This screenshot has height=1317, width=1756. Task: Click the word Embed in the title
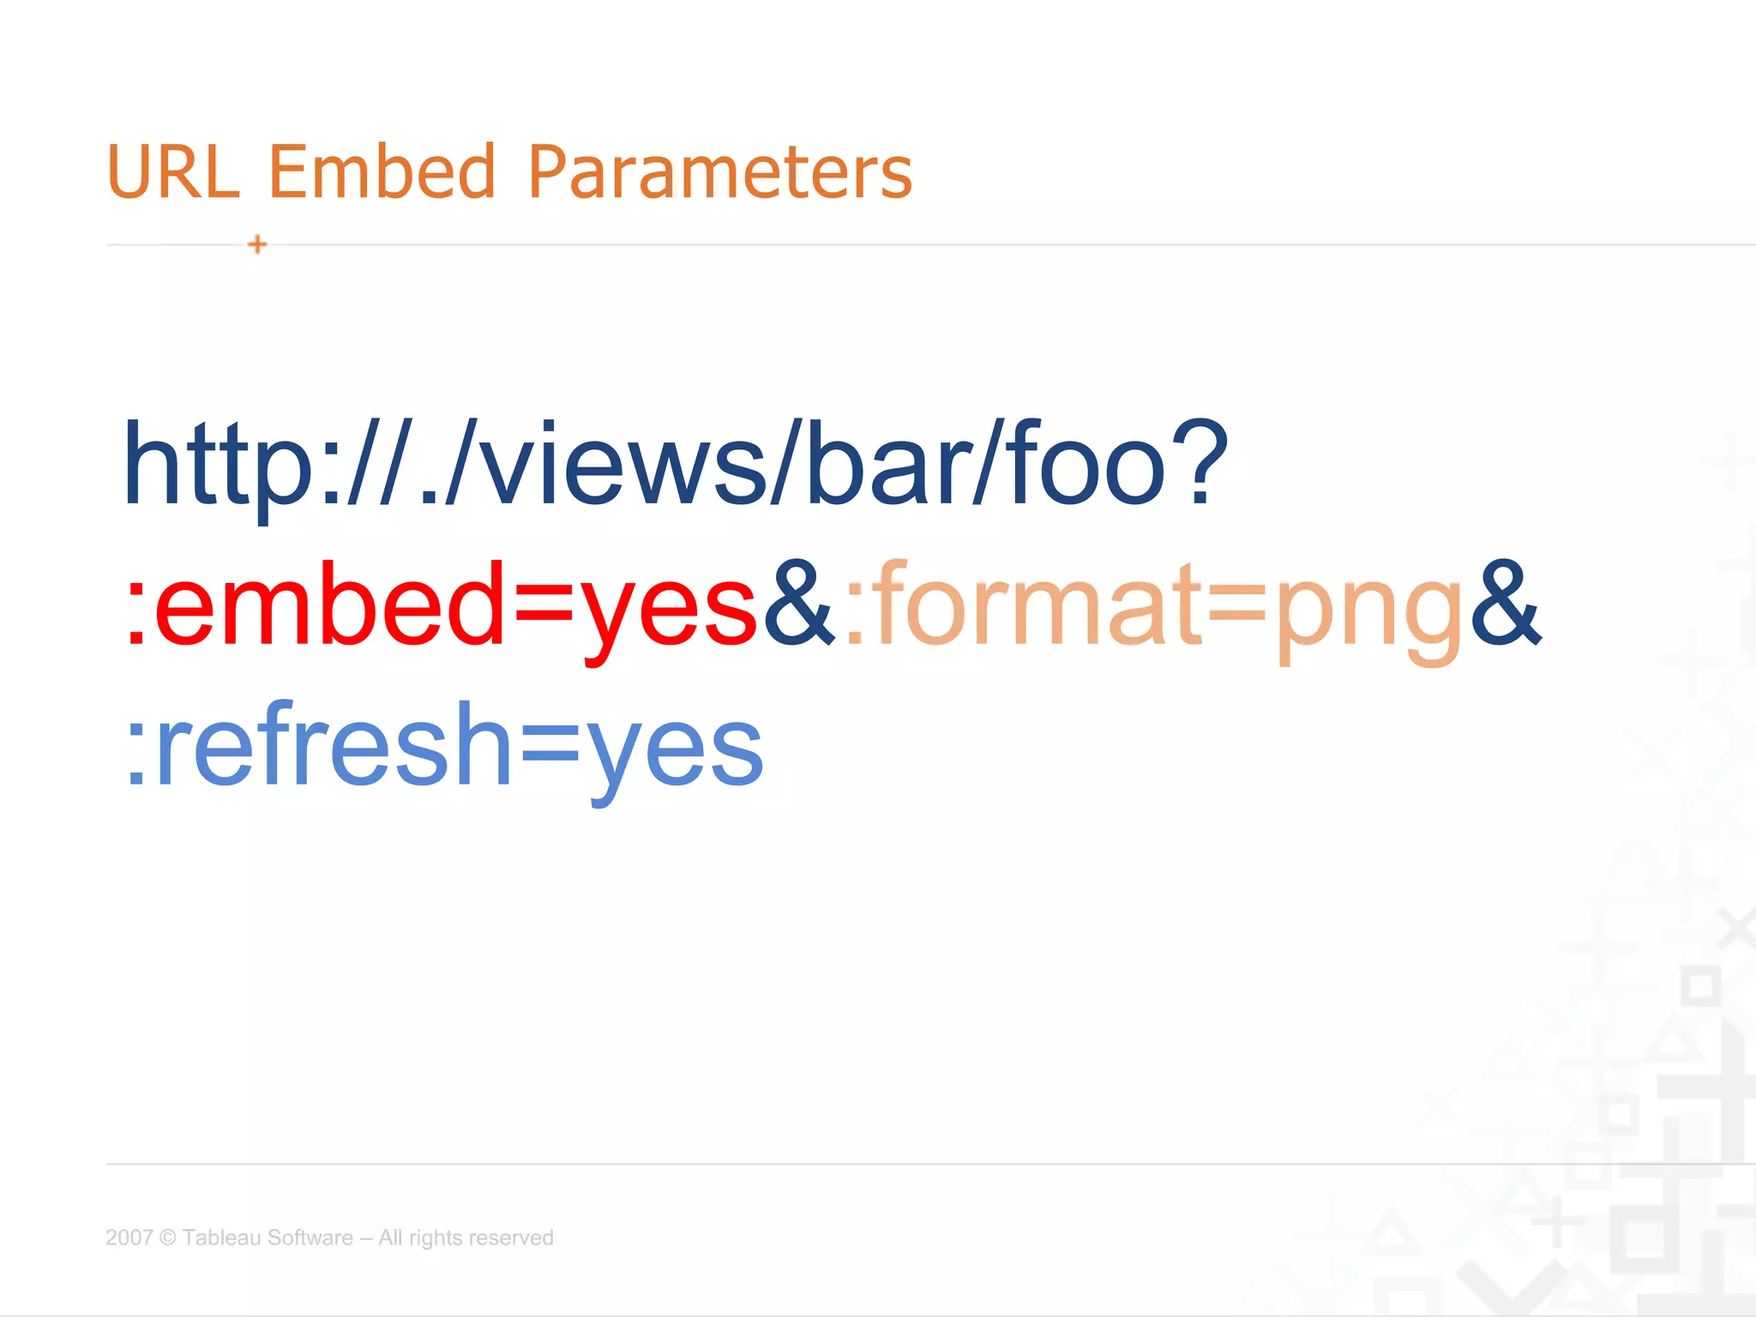382,171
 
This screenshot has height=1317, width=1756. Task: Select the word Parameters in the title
720,171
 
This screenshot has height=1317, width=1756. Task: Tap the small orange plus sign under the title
257,244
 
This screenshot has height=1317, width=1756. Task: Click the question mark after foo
1200,463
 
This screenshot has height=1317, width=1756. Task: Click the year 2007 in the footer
129,1237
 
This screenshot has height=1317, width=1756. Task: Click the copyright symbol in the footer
168,1237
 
